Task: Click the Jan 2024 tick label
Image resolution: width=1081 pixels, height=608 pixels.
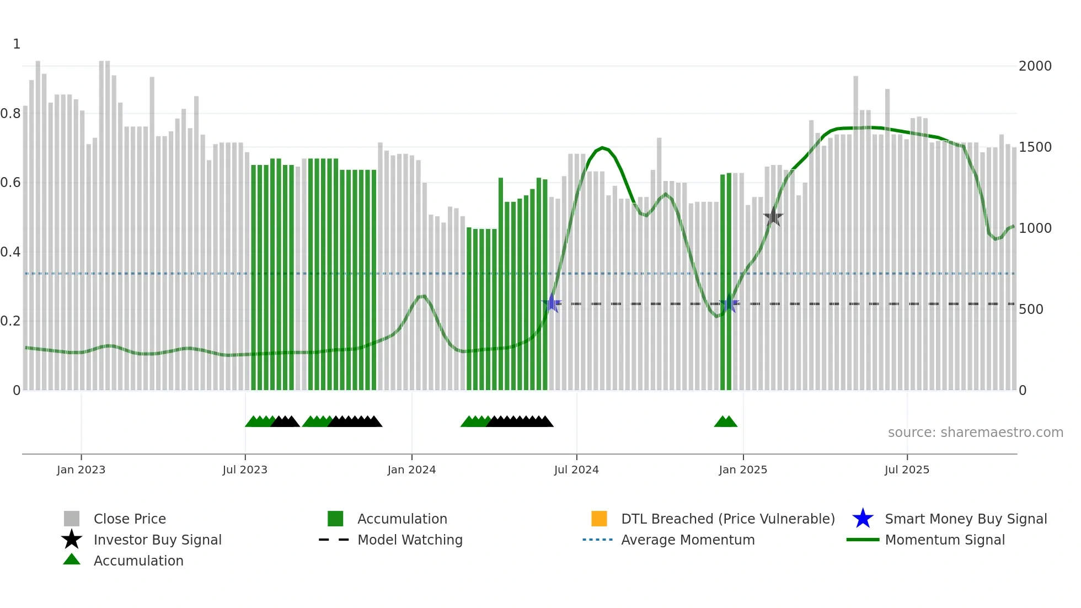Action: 411,470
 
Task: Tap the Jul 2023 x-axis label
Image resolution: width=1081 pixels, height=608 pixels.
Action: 245,470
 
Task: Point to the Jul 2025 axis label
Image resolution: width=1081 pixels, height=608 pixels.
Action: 907,470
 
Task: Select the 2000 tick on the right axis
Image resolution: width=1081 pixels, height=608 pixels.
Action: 1035,66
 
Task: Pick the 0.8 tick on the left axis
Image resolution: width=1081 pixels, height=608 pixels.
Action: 10,114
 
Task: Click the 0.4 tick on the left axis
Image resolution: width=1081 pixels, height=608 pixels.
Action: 10,252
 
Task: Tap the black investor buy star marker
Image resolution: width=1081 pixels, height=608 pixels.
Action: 773,217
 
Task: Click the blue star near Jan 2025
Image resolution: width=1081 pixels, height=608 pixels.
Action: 729,303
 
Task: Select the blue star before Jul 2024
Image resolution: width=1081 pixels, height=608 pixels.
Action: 552,303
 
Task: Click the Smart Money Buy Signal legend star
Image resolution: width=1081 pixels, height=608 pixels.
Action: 863,519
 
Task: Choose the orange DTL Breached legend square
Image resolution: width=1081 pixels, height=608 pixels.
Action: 599,519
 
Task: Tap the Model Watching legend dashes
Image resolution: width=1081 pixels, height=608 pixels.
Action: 334,540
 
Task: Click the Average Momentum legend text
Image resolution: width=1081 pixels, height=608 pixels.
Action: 688,540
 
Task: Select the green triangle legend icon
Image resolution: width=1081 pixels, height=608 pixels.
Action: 72,560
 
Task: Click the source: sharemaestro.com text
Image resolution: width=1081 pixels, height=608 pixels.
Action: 975,433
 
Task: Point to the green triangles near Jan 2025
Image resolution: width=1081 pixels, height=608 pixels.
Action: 725,422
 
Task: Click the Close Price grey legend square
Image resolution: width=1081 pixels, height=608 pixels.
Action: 72,519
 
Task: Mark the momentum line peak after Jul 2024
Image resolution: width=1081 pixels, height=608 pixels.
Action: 602,147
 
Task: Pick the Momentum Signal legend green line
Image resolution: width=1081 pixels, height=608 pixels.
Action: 863,540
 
